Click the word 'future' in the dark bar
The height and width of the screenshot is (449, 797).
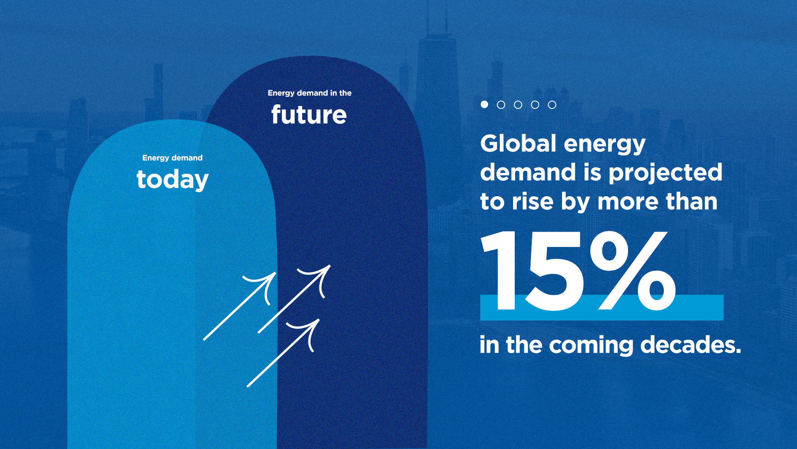pyautogui.click(x=309, y=115)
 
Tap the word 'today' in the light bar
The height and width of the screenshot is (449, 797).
pyautogui.click(x=172, y=180)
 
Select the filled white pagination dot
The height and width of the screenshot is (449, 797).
pyautogui.click(x=484, y=104)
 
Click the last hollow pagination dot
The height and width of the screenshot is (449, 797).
pyautogui.click(x=552, y=105)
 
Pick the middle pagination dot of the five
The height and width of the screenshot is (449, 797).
pyautogui.click(x=518, y=105)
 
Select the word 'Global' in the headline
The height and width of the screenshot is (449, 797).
pyautogui.click(x=518, y=143)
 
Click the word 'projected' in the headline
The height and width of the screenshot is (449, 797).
pyautogui.click(x=665, y=173)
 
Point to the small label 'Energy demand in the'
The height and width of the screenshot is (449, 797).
pyautogui.click(x=309, y=93)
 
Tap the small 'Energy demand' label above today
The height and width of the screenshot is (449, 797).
pyautogui.click(x=172, y=158)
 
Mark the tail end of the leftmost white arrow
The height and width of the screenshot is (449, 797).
pyautogui.click(x=205, y=339)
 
